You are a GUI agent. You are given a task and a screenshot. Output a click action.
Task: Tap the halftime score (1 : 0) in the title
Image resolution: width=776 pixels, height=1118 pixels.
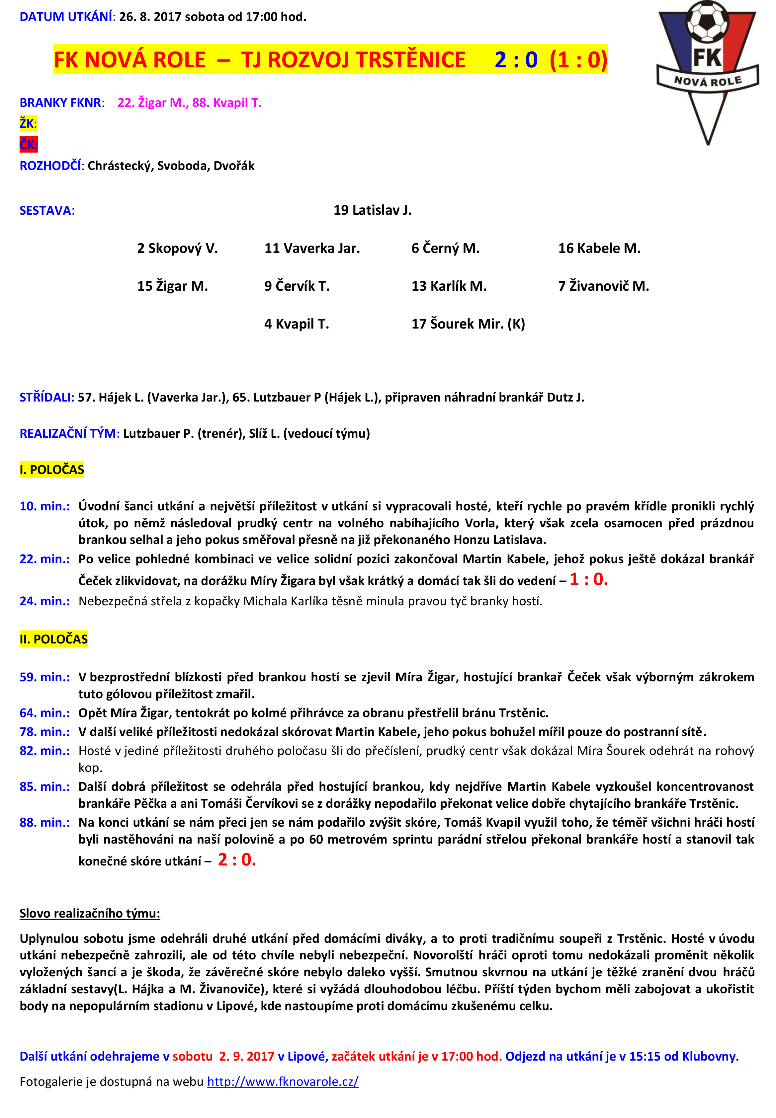click(x=578, y=60)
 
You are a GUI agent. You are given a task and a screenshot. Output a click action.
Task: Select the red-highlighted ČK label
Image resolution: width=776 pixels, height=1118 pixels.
click(x=28, y=144)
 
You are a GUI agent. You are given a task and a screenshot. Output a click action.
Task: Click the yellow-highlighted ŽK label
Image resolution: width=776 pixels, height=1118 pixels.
click(x=28, y=123)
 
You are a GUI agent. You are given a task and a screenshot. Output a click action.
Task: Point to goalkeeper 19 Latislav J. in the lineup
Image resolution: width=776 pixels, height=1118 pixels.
click(x=373, y=210)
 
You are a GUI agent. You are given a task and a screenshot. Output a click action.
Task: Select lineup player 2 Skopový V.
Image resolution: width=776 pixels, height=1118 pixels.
click(x=177, y=248)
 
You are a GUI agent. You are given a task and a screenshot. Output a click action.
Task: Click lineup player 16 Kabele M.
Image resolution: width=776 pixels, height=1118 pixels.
click(x=599, y=248)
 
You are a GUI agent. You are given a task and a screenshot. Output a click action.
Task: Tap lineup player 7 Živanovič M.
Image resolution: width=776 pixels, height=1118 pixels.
click(x=603, y=286)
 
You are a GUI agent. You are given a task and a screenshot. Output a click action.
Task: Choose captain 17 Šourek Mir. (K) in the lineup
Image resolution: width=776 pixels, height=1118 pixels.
click(x=468, y=324)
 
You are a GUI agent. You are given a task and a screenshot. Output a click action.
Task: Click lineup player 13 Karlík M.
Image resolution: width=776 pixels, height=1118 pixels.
click(x=449, y=286)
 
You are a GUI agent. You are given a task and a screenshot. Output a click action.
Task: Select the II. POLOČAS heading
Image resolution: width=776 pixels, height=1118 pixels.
click(x=53, y=639)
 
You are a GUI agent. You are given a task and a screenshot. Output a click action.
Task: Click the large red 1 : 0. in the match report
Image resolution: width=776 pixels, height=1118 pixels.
click(x=588, y=579)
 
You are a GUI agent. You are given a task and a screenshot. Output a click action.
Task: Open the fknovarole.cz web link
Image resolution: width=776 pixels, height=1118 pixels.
click(x=283, y=1081)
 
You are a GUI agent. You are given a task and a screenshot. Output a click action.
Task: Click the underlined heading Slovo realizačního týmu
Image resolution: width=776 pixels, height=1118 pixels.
click(x=90, y=914)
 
